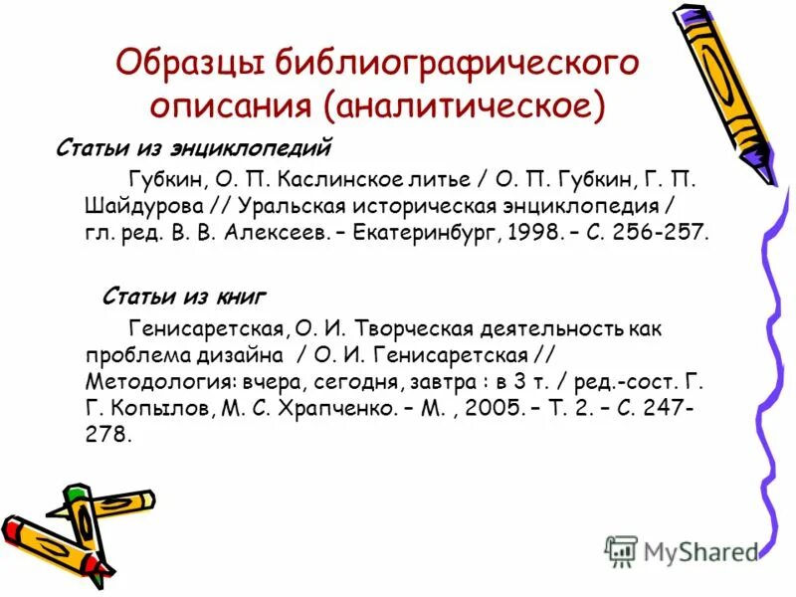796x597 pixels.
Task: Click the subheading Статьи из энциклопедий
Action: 192,149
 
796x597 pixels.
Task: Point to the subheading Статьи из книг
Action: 184,297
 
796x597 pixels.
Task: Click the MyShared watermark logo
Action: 683,550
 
